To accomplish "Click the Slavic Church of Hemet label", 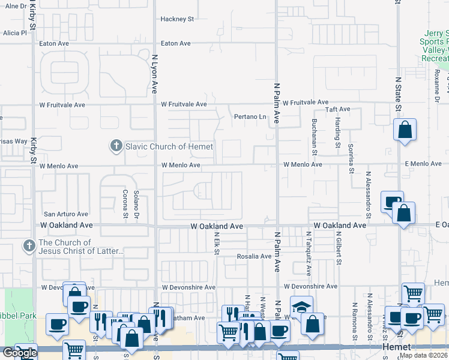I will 161,146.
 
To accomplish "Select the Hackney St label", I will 177,19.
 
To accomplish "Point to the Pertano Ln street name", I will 250,116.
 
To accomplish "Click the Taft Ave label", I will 337,109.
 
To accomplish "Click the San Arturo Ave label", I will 66,214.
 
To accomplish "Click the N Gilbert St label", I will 339,248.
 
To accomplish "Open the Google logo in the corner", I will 19,353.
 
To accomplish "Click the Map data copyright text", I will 424,355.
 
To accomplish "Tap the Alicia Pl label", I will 15,33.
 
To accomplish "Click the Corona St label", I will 125,205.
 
